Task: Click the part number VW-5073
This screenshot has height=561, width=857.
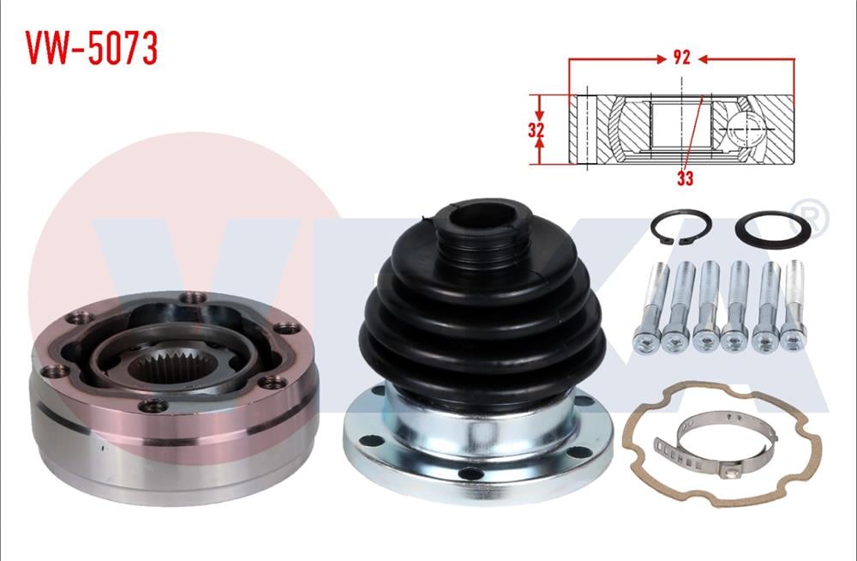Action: point(91,49)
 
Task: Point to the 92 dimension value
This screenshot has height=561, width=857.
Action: point(681,59)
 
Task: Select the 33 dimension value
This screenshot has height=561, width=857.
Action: point(684,178)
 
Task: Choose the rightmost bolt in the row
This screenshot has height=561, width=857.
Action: point(793,305)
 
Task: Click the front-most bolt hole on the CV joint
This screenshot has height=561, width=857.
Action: point(152,406)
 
